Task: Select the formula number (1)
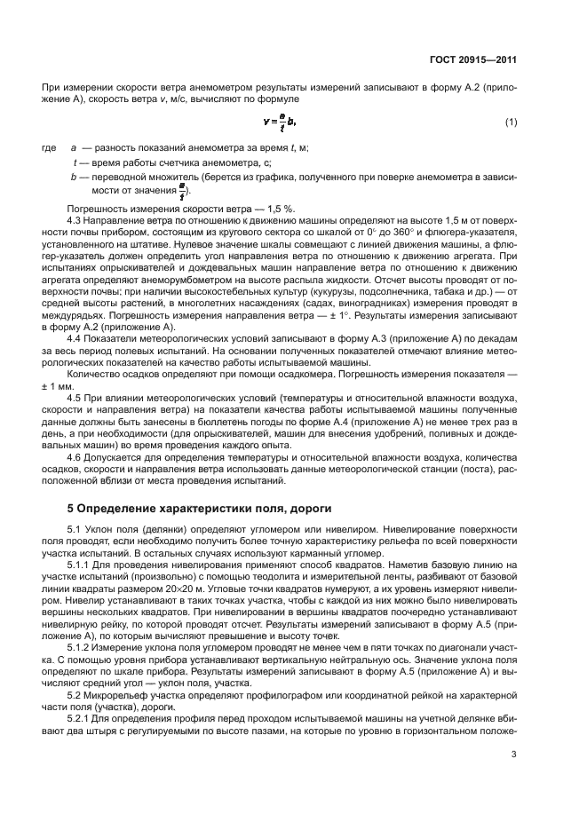tap(511, 122)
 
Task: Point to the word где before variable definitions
tap(49, 147)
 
